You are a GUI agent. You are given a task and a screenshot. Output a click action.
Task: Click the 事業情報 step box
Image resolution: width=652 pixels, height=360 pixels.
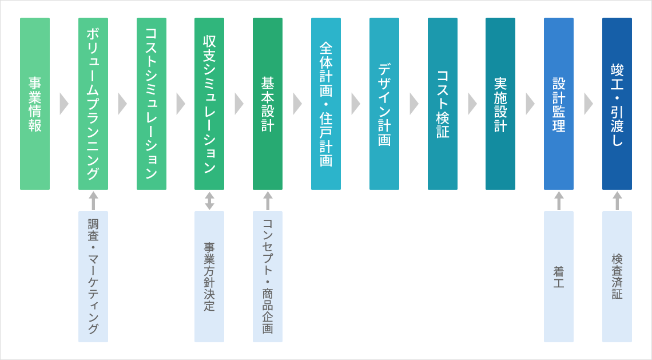coord(35,104)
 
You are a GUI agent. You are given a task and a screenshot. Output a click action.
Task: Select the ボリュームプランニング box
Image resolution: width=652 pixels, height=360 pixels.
coord(93,104)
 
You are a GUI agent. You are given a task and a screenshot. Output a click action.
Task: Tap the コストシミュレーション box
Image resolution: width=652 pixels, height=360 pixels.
coord(152,104)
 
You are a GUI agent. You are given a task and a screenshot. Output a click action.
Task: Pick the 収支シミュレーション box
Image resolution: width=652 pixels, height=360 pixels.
coord(209,104)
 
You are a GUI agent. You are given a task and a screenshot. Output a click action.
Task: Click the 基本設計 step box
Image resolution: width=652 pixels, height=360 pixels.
coord(268,104)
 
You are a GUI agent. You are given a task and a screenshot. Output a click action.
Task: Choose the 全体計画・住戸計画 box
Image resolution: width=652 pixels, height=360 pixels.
coord(326,104)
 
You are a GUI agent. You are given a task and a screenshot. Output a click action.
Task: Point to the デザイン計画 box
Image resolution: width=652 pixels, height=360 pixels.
coord(384,104)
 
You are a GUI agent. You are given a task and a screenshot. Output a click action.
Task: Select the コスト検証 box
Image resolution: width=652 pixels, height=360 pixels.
coord(443,104)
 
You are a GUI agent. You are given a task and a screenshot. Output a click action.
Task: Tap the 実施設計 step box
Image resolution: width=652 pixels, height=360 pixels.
coord(500,104)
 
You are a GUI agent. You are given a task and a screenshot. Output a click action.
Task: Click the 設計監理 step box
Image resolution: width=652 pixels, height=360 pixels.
coord(559,104)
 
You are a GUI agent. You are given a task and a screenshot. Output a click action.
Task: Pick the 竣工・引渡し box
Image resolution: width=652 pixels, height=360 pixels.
coord(617,104)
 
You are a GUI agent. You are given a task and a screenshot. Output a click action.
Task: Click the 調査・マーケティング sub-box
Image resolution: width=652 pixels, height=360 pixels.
coord(93,276)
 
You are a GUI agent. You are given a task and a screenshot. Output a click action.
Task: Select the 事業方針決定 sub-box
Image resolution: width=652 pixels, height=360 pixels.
coord(209,276)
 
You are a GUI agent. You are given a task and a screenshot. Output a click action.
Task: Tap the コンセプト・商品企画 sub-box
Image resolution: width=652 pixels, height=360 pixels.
coord(268,276)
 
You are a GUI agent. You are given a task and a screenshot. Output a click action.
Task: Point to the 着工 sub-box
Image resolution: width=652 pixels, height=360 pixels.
coord(559,276)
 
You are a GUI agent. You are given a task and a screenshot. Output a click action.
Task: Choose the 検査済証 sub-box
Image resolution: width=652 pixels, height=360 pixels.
coord(617,276)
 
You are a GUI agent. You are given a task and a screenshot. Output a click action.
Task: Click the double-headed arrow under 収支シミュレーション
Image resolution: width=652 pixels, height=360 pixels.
coord(209,200)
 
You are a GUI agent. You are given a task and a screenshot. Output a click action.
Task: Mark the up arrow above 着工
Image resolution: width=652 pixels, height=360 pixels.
coord(559,200)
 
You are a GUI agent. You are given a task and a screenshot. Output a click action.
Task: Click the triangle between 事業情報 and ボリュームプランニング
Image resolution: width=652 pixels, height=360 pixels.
coord(63,104)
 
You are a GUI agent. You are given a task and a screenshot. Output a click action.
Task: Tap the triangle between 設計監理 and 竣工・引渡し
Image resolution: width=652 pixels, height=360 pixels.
coord(588,104)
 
